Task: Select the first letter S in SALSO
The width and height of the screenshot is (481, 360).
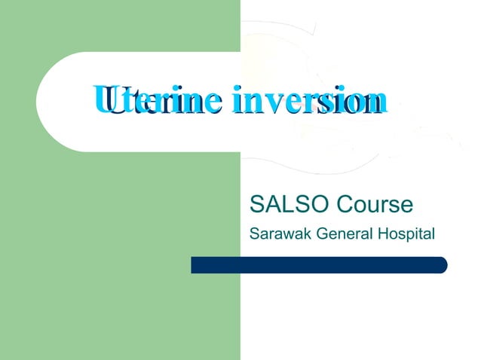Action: [x=256, y=204]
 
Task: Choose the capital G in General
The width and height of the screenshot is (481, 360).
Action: [x=320, y=233]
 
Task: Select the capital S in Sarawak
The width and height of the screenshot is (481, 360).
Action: [x=253, y=233]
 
